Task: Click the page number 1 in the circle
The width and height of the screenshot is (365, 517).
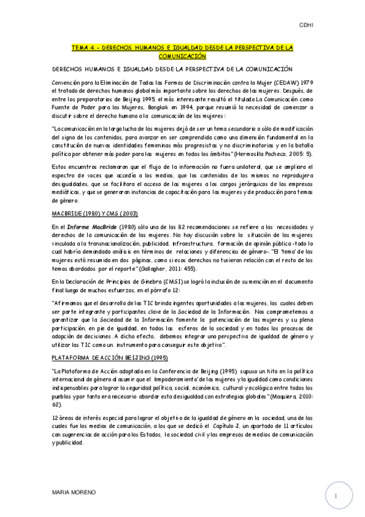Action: pyautogui.click(x=335, y=497)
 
